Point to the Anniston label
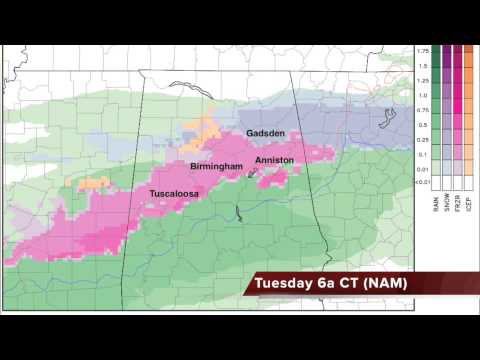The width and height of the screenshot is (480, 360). coord(274,160)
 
